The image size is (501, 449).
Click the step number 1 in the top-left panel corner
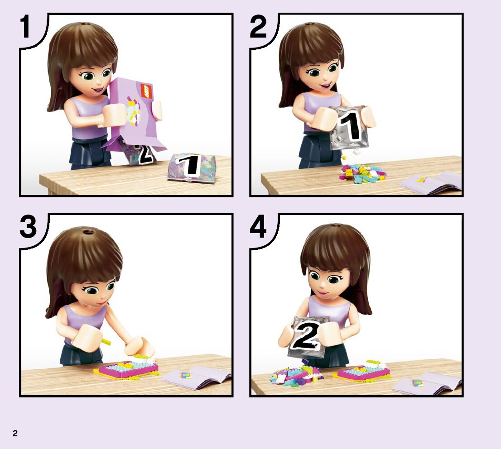coord(25,27)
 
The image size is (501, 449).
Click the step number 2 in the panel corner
coord(258,27)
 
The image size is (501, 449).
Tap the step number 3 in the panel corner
coord(28,226)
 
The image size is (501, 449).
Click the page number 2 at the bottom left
coord(15,433)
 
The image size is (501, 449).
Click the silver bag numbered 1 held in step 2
coord(349,128)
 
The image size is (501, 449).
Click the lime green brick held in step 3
coord(107,342)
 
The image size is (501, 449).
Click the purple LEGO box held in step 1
coord(134,113)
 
